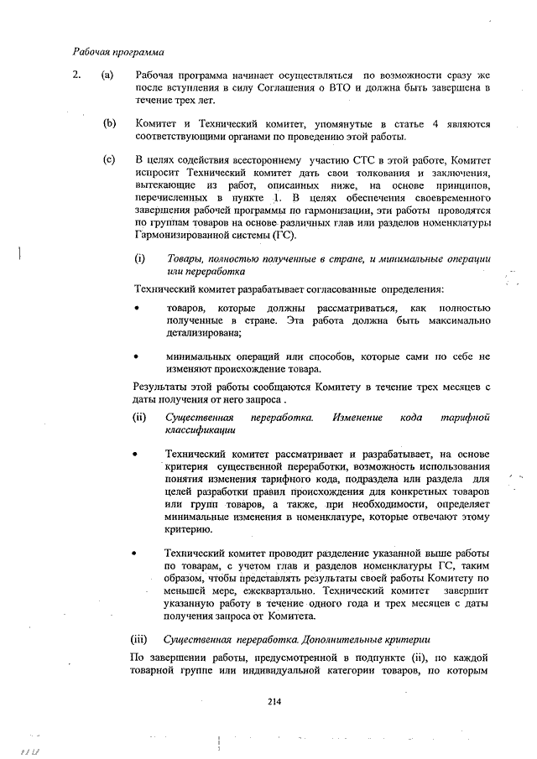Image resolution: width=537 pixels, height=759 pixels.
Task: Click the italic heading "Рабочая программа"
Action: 117,52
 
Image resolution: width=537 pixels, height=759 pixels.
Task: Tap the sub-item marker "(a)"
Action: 107,75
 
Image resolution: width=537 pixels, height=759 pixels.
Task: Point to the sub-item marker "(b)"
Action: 108,124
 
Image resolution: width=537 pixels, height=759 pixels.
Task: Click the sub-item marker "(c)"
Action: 107,159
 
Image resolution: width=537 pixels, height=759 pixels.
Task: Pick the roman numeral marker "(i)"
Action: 140,259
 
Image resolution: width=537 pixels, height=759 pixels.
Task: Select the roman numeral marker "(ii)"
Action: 141,417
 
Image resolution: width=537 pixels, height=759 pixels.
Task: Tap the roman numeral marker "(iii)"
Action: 143,639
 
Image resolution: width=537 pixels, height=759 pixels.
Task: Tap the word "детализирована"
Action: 202,333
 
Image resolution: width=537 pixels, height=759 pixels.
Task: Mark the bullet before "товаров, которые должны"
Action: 137,309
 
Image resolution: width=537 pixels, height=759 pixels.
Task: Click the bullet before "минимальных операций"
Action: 137,356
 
